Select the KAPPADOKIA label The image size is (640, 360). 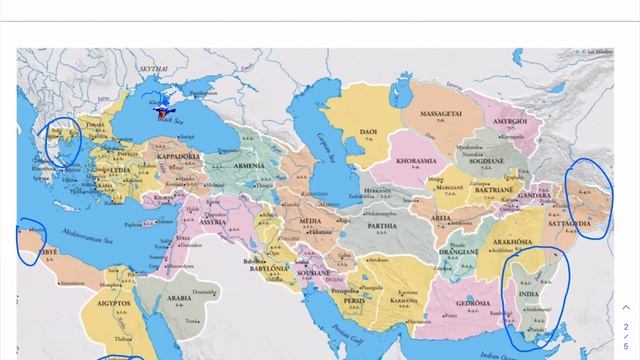[x=180, y=157]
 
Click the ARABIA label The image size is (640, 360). [x=178, y=297]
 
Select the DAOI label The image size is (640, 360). [x=368, y=130]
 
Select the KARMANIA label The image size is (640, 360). [x=404, y=298]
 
